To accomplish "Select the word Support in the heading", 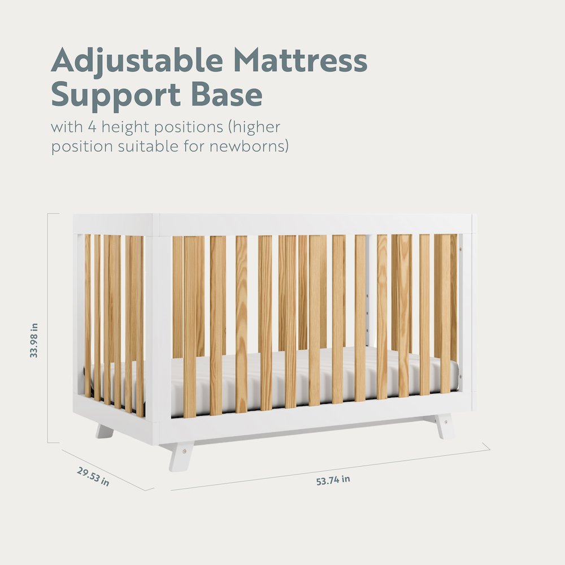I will pyautogui.click(x=114, y=95).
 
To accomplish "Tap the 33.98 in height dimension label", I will pyautogui.click(x=34, y=340).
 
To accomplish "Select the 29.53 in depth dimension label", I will pyautogui.click(x=93, y=476).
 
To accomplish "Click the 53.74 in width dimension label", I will pyautogui.click(x=333, y=480).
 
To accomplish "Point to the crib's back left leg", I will pyautogui.click(x=105, y=432).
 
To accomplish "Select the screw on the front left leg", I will pyautogui.click(x=183, y=451).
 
